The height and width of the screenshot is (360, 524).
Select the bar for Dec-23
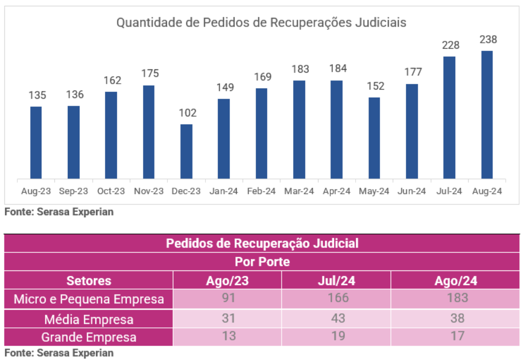tap(186, 152)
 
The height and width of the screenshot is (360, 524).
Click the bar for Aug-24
tap(487, 115)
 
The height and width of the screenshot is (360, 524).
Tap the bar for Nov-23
tap(149, 132)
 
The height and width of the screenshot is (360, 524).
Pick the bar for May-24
tap(374, 138)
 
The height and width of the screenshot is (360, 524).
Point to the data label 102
tap(188, 113)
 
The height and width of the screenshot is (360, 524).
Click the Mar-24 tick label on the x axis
tap(299, 191)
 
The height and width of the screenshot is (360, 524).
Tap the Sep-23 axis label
tap(74, 191)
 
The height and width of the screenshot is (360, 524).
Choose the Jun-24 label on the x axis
tap(412, 191)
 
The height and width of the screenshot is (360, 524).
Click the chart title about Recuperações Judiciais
tap(262, 23)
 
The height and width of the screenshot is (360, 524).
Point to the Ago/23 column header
tap(228, 281)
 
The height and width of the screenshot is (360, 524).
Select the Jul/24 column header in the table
tap(336, 281)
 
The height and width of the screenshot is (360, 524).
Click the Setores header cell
tap(89, 281)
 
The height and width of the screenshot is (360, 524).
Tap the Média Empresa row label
tap(89, 319)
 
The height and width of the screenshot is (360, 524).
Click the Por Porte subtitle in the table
tap(262, 262)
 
